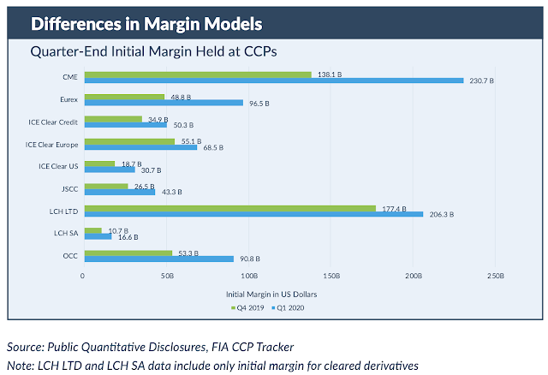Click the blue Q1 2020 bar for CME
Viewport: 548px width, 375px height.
274,80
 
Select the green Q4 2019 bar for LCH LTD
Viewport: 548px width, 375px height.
230,209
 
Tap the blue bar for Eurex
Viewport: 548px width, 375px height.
164,103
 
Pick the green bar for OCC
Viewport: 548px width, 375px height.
128,253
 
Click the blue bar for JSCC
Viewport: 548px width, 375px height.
120,193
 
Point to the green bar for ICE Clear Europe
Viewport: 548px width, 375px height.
129,141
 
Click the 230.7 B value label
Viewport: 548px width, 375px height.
481,80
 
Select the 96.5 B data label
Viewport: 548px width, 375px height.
259,104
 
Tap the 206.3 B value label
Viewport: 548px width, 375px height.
442,214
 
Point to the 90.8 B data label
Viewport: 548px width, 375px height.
250,259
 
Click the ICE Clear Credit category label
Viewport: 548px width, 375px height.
53,122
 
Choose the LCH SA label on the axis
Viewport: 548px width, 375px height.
66,233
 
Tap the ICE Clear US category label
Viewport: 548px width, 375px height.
58,166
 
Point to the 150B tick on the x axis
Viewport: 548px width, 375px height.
331,276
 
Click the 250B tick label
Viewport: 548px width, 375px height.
496,276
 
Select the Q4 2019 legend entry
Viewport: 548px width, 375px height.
247,308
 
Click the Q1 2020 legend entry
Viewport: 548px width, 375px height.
288,308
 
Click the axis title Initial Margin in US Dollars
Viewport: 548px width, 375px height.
271,295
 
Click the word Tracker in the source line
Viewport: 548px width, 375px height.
275,347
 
